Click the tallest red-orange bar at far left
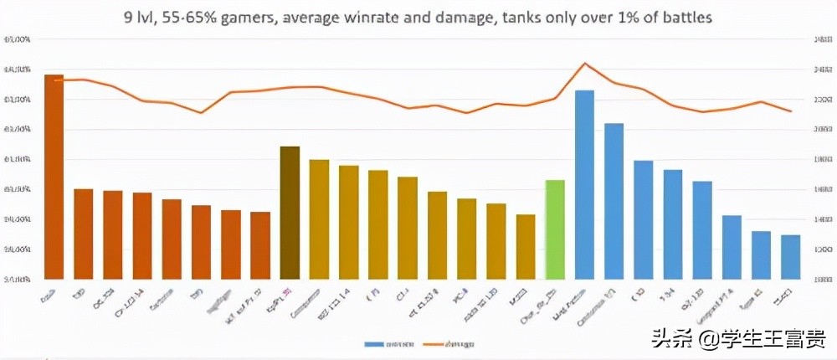[54, 176]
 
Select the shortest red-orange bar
[260, 244]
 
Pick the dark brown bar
[290, 212]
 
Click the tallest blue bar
[584, 184]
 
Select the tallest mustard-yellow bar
[319, 219]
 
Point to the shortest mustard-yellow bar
[525, 246]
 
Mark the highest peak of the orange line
[585, 64]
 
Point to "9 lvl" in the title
[145, 16]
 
